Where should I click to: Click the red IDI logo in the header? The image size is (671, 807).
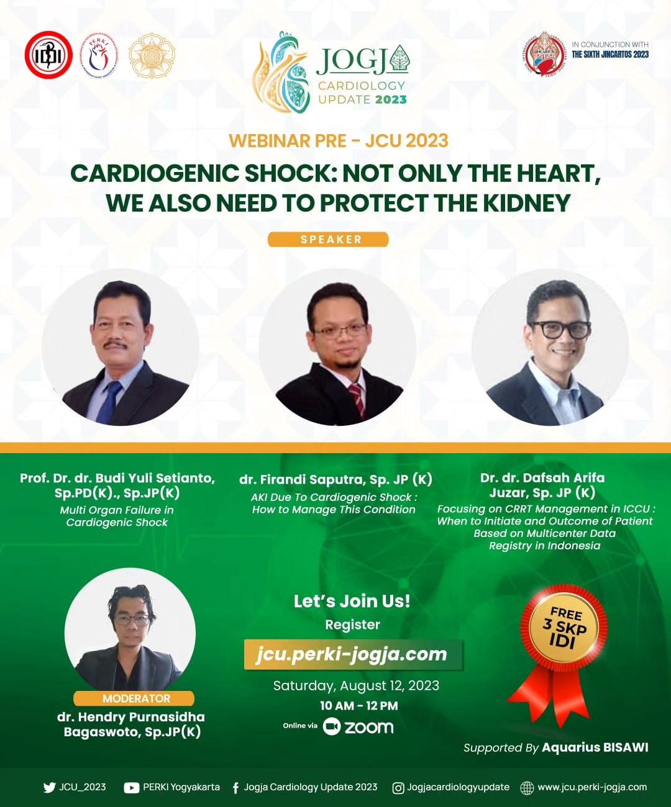48,55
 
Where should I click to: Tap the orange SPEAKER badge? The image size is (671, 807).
328,240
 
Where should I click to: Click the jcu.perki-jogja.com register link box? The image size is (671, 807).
352,654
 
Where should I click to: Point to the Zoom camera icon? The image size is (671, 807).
332,727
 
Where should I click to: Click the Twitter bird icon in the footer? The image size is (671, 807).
49,788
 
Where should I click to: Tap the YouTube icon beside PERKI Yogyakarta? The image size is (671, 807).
131,788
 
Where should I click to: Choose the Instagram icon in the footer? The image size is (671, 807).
398,788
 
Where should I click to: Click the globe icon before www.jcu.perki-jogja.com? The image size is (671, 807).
526,788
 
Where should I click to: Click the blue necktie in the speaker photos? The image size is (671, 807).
110,400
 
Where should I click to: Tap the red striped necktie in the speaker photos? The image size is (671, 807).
357,398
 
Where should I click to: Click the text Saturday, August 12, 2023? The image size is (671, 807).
356,685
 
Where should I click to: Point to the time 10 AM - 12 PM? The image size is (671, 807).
358,706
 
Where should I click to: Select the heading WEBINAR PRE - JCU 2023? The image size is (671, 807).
338,141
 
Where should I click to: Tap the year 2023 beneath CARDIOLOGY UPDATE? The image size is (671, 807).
391,99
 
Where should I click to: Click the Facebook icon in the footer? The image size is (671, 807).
235,788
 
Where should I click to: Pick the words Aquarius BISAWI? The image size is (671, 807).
595,747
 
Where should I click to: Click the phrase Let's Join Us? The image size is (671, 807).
352,601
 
